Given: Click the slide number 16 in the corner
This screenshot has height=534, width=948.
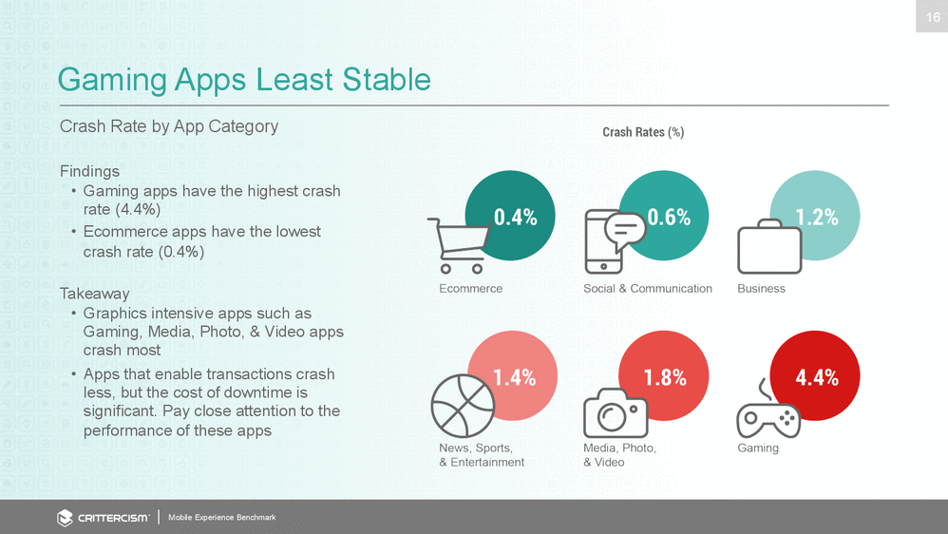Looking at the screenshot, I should [x=931, y=16].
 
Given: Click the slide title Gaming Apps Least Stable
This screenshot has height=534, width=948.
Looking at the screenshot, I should [x=244, y=79].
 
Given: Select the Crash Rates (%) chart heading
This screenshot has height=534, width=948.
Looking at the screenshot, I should [x=643, y=132].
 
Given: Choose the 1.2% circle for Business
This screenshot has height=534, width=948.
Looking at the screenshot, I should [x=815, y=216].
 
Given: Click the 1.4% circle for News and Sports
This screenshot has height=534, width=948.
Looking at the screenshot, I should [x=512, y=376].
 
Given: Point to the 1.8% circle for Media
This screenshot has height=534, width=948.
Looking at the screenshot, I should [x=664, y=376].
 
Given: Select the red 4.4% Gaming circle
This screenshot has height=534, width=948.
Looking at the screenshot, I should [x=815, y=376].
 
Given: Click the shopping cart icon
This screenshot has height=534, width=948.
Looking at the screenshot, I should [x=458, y=245].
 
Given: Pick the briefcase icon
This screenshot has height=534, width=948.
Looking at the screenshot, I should [x=769, y=247].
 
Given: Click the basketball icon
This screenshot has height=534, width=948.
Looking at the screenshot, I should [x=463, y=406].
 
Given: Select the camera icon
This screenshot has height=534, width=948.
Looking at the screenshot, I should [x=616, y=413].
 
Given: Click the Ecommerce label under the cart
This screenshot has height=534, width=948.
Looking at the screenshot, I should [x=470, y=289].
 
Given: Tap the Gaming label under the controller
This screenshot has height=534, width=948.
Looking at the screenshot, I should [x=757, y=448].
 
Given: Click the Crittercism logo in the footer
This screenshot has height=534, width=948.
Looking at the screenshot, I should [x=103, y=518].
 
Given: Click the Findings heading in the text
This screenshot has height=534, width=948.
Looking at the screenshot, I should [x=89, y=171].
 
